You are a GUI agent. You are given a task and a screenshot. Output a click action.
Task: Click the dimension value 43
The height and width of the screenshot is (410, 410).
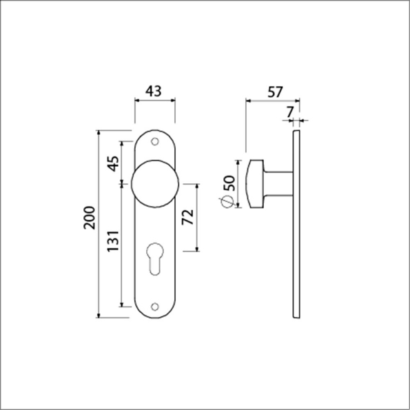(154, 90)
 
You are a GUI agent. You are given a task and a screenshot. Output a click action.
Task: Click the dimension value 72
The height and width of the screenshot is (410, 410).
(186, 219)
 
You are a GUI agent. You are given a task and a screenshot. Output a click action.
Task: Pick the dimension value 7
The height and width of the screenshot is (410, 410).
(289, 111)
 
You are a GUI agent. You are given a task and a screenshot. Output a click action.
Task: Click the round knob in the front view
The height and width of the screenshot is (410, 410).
(154, 185)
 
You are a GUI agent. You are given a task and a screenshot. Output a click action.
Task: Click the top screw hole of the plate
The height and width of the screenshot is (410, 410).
(154, 140)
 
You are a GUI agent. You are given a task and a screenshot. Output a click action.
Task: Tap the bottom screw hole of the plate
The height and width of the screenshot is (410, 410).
(154, 307)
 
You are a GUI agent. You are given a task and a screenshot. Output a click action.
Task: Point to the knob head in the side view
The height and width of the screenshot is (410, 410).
(252, 183)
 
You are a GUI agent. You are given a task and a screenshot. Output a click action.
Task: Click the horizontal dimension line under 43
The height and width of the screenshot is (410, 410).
(154, 101)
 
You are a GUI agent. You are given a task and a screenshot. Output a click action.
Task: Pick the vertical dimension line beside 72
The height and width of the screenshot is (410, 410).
(198, 218)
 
